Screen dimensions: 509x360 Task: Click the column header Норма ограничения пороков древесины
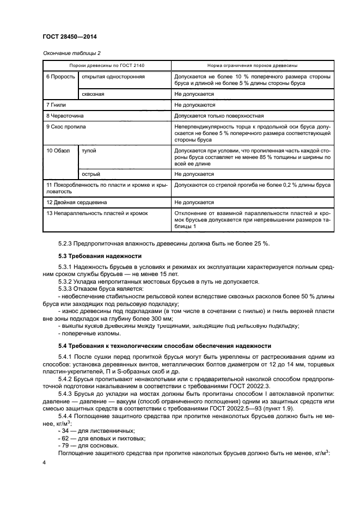pyautogui.click(x=252, y=65)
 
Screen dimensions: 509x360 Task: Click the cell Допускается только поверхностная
pyautogui.click(x=219, y=115)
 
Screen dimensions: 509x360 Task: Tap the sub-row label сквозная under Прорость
pyautogui.click(x=93, y=94)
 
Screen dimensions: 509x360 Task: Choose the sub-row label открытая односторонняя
pyautogui.click(x=113, y=77)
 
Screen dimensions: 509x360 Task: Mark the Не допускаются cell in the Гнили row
pyautogui.click(x=195, y=105)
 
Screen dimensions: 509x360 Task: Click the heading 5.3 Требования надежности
pyautogui.click(x=100, y=256)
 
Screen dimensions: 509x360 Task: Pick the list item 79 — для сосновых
pyautogui.click(x=82, y=445)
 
